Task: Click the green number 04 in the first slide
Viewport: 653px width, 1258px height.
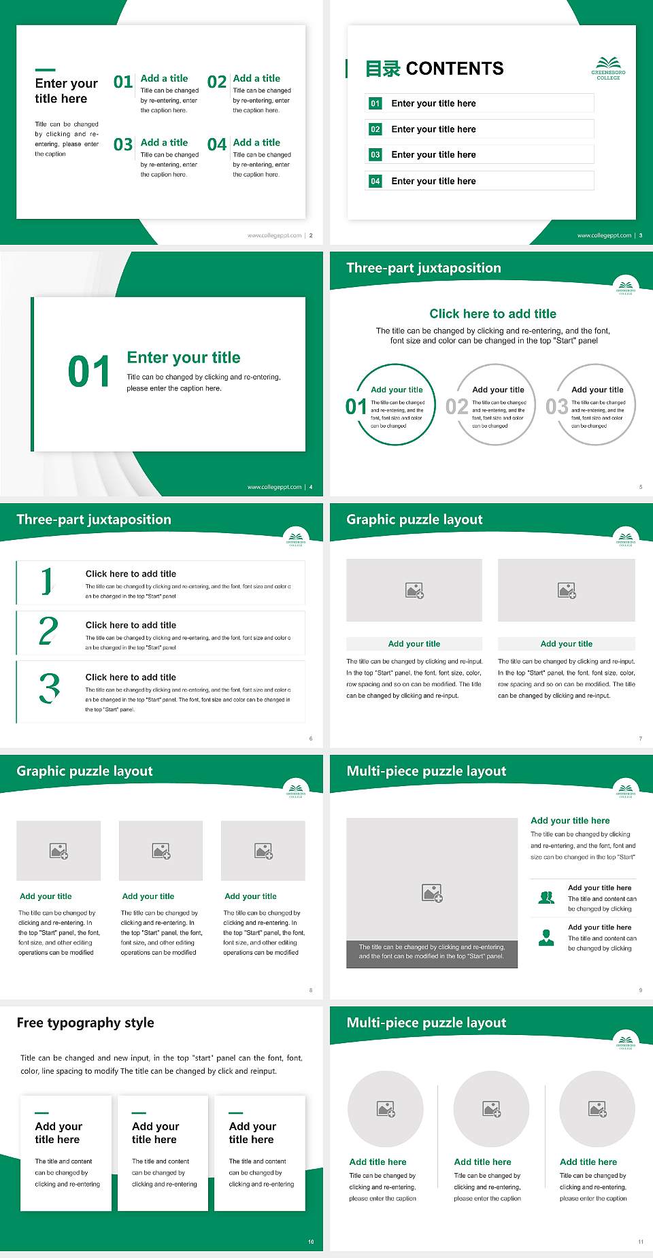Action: [217, 145]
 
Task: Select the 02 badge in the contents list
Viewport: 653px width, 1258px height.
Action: [375, 129]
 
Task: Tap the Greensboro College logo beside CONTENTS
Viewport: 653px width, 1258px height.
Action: [608, 68]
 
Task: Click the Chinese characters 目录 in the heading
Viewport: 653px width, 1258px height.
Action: [383, 69]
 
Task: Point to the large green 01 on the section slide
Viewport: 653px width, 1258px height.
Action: [89, 372]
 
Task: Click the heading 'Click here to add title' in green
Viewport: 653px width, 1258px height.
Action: [492, 313]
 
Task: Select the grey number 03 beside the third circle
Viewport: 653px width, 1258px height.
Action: [556, 407]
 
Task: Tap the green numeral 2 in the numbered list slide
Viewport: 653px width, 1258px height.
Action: [48, 631]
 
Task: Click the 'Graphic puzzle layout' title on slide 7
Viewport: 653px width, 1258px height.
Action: [414, 520]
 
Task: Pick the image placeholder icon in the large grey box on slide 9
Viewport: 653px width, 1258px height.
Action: [432, 893]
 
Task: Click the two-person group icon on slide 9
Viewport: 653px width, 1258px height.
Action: [546, 898]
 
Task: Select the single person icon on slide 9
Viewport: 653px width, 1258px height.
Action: [546, 938]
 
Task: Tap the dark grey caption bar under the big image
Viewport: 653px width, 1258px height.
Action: [432, 951]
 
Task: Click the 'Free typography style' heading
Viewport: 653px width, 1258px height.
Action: [86, 1023]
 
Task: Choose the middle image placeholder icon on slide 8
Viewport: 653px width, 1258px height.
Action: [161, 851]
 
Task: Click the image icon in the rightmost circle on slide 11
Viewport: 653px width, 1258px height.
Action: [597, 1109]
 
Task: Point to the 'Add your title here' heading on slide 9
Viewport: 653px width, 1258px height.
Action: [570, 821]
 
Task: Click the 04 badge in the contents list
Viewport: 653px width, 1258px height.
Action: [375, 181]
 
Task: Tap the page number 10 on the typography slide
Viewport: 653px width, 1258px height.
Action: [311, 1242]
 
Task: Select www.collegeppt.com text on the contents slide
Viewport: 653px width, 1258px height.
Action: [604, 235]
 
